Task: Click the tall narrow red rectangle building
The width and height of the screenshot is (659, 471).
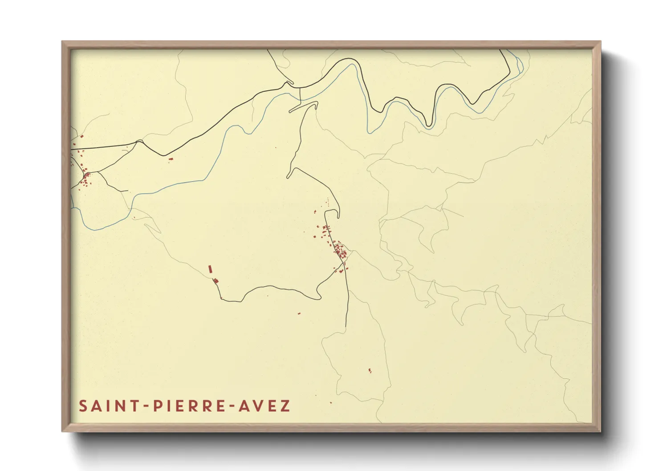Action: (x=210, y=269)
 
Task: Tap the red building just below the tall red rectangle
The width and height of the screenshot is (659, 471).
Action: (x=216, y=280)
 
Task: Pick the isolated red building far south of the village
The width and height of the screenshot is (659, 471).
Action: (x=370, y=370)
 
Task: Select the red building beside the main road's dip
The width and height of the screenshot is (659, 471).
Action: (x=170, y=158)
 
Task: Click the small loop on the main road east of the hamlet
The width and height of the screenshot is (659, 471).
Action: (x=139, y=142)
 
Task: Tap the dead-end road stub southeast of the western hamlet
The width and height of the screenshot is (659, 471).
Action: (x=127, y=191)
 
